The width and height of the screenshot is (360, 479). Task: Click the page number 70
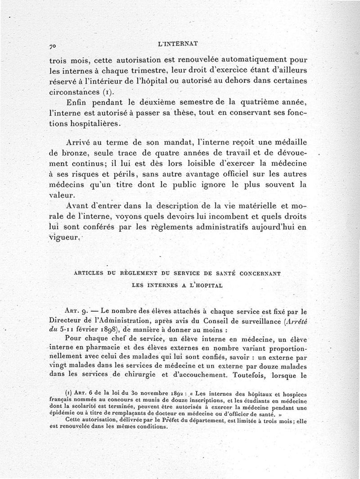point(53,45)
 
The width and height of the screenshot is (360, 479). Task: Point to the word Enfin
point(78,101)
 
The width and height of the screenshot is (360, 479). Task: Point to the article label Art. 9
point(76,310)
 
